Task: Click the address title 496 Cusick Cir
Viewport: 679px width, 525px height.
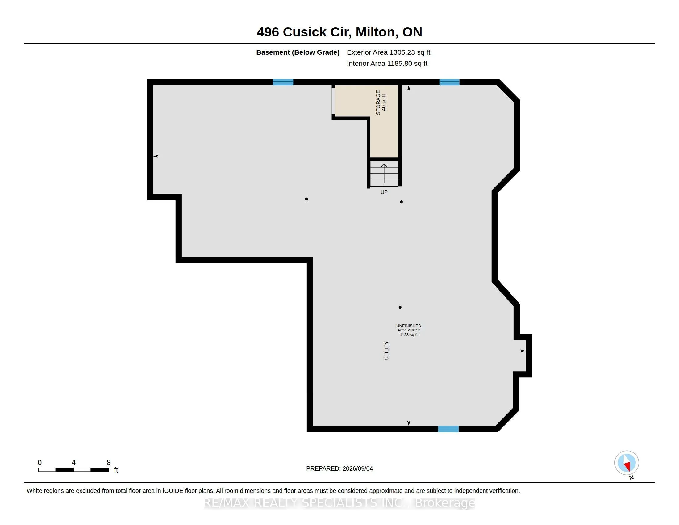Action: point(304,32)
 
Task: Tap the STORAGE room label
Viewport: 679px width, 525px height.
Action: point(378,102)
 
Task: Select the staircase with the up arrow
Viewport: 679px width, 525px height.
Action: point(384,173)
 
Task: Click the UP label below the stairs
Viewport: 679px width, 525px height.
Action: point(384,192)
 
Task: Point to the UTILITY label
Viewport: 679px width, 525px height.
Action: point(386,351)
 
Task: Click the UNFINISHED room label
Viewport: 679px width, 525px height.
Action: point(409,325)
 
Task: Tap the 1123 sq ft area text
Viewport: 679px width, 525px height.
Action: point(409,335)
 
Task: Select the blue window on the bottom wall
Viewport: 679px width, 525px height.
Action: point(448,429)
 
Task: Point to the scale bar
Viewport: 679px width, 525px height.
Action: point(73,470)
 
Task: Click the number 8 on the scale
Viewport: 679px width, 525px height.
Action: point(109,463)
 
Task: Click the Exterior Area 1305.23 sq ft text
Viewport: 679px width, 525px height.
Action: point(388,52)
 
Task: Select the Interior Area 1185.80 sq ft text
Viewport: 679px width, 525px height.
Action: point(387,63)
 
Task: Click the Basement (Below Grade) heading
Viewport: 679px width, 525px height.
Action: point(298,52)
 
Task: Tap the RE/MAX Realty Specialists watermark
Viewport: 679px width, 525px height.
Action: point(339,503)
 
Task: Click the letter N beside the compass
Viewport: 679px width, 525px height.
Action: point(631,477)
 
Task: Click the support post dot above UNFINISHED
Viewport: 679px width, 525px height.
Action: point(400,307)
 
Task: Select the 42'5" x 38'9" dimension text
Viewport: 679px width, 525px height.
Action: point(409,330)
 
